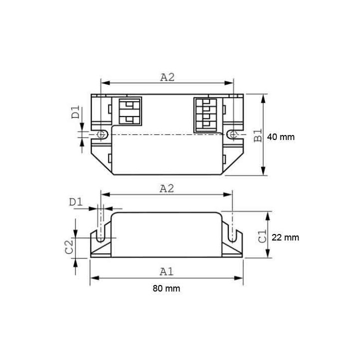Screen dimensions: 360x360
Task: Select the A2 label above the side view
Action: [167, 188]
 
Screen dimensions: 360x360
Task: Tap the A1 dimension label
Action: [166, 271]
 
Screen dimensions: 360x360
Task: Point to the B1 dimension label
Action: [257, 136]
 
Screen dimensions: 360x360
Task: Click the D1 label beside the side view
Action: [75, 202]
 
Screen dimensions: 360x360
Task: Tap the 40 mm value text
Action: [281, 137]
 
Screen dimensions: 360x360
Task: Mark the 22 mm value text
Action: [285, 238]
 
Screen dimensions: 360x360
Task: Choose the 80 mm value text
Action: [166, 288]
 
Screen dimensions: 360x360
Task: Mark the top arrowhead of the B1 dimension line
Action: [264, 97]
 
